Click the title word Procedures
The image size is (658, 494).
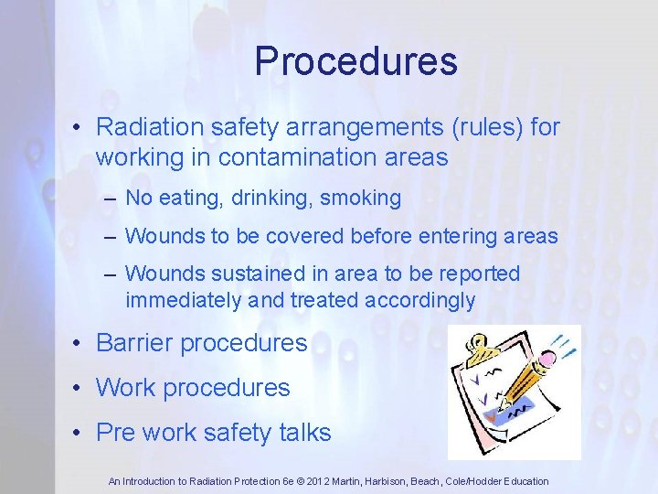point(356,61)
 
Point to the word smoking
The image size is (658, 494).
point(363,197)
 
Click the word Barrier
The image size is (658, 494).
point(135,343)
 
